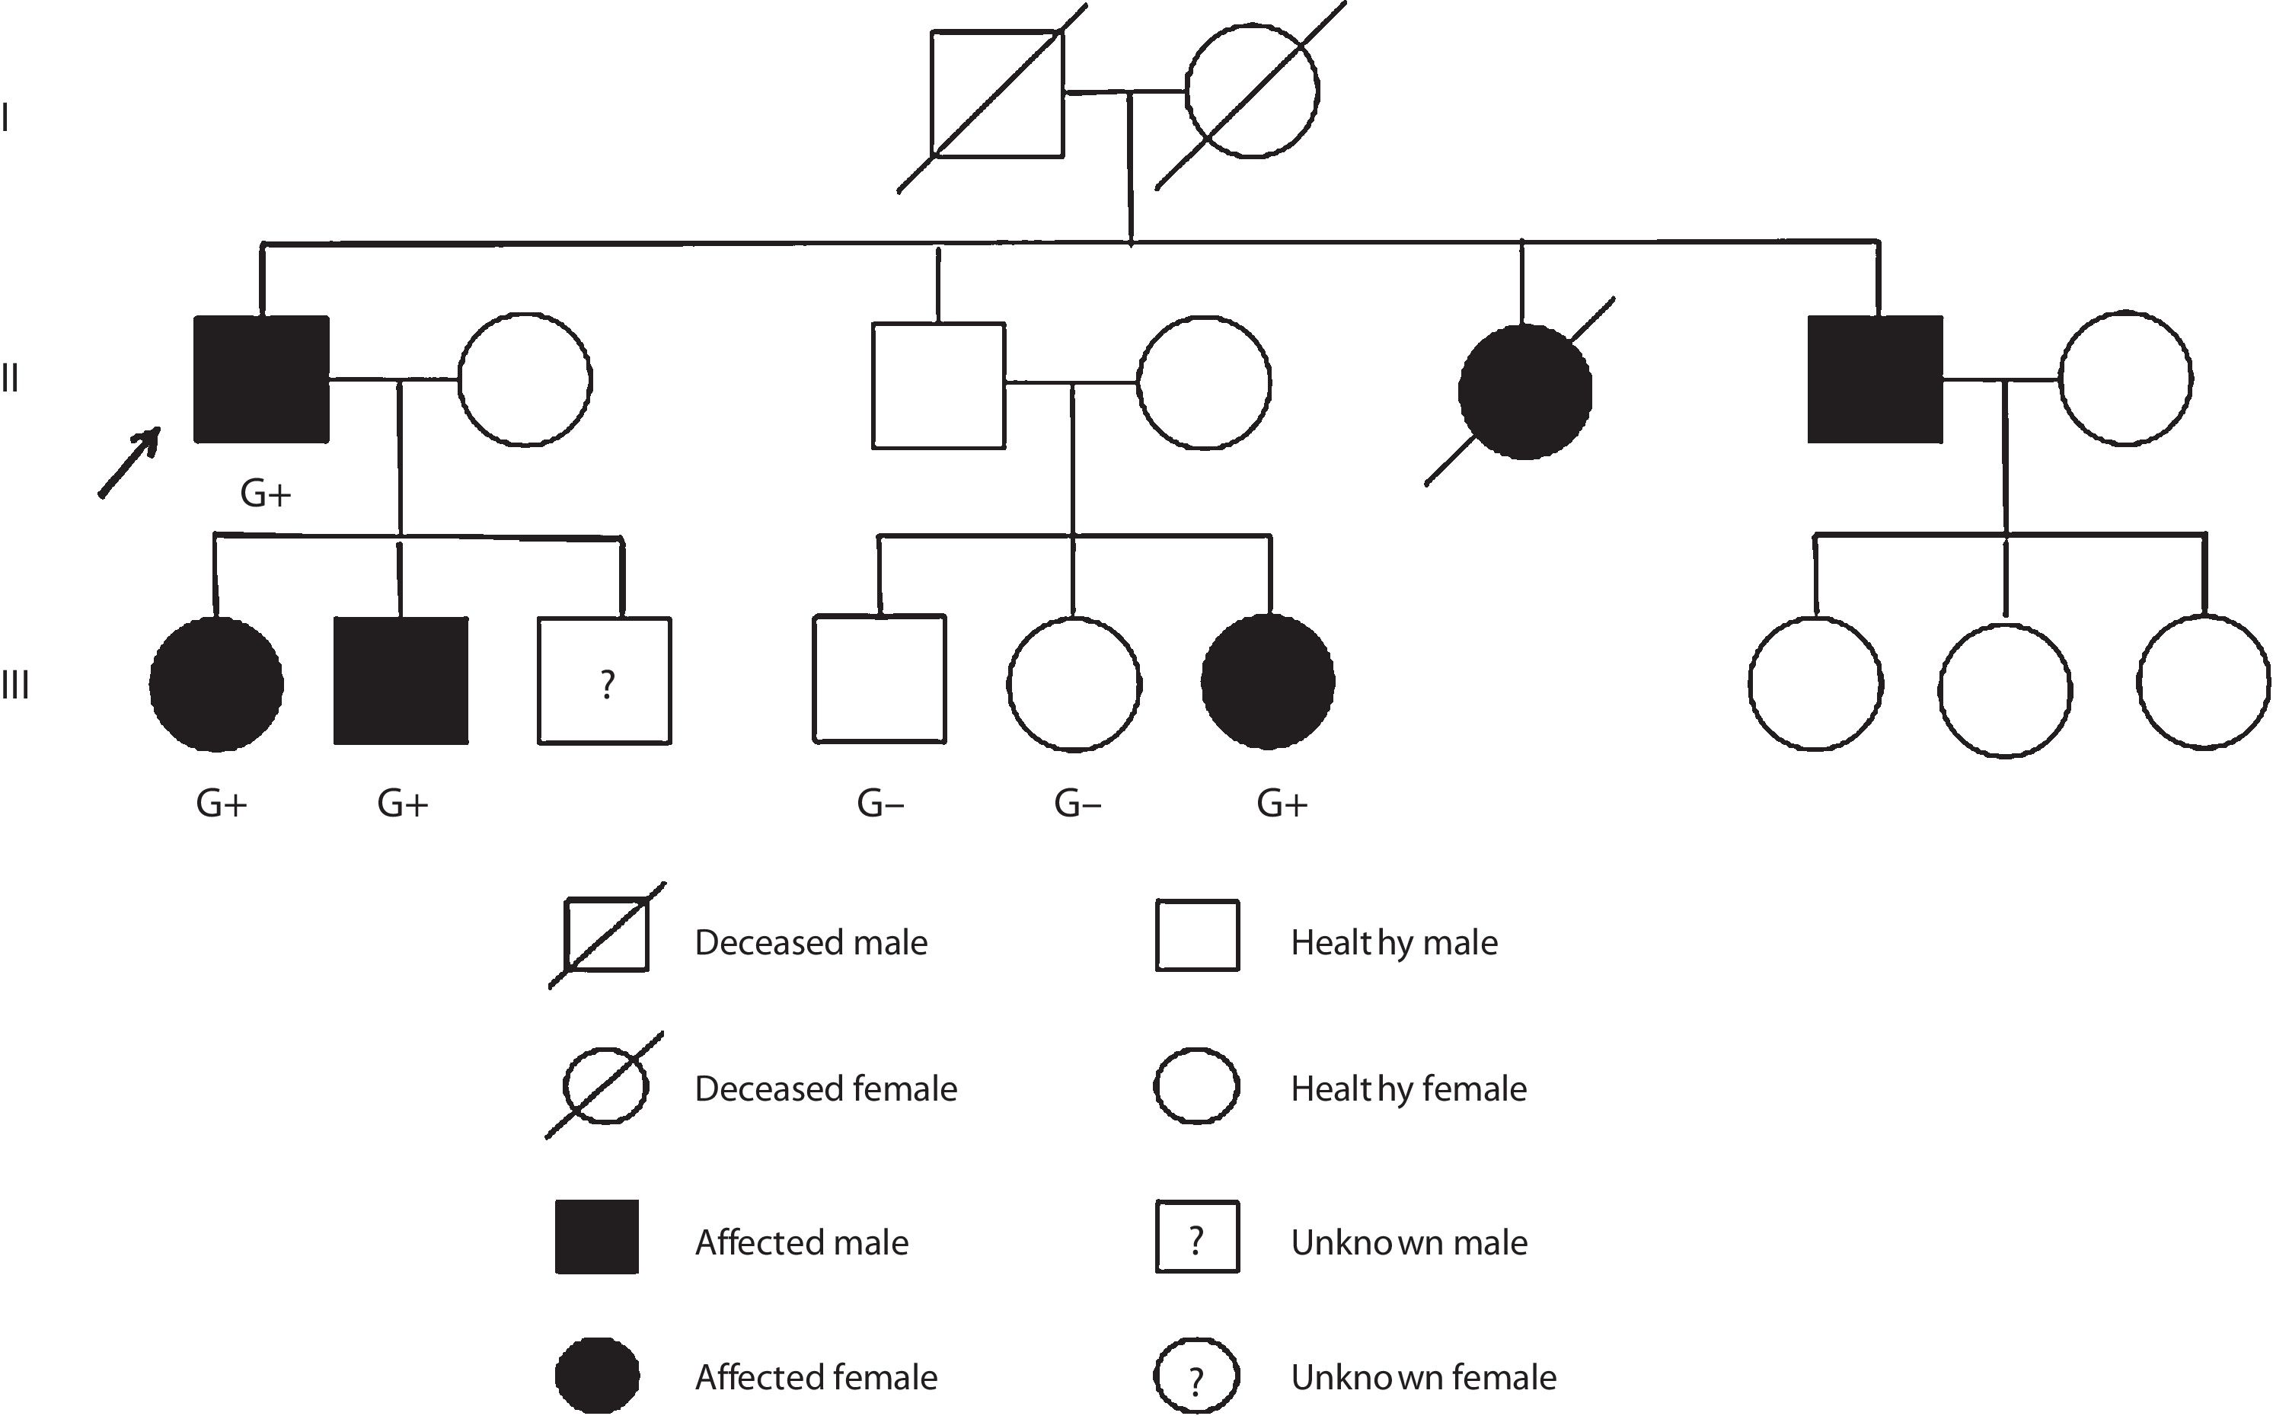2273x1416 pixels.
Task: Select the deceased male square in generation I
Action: pos(997,94)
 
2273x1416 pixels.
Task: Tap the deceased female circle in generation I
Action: pos(1253,91)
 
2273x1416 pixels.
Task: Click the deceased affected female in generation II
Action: pos(1525,392)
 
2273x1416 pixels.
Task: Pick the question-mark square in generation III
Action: pos(605,681)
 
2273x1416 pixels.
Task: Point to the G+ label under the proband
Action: pos(266,494)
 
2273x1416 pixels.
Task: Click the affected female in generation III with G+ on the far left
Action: pos(216,684)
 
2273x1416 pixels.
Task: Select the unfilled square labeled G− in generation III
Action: pos(879,679)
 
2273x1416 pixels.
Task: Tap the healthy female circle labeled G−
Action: pos(1074,684)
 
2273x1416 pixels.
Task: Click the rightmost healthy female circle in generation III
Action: pos(2204,682)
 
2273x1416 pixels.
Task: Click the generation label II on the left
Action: pos(11,379)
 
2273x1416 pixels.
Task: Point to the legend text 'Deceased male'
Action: pos(811,942)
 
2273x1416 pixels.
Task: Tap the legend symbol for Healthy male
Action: pos(1197,935)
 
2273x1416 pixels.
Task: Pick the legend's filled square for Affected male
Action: pos(597,1237)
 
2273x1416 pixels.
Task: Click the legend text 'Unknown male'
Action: pos(1409,1243)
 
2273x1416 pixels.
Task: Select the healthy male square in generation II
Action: pos(939,386)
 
